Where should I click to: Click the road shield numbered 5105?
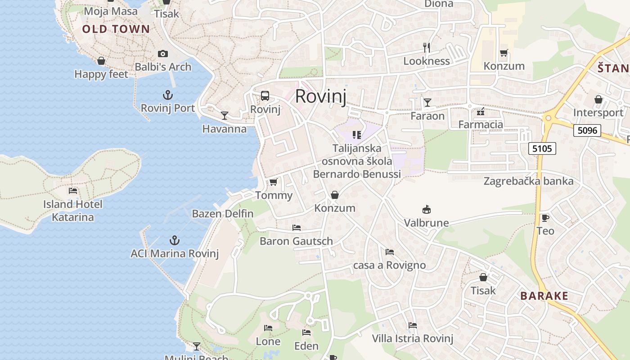[542, 148]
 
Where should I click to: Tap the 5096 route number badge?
[587, 130]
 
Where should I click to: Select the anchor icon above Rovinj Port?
[167, 95]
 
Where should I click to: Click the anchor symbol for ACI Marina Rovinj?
[174, 240]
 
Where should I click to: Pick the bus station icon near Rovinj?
[265, 96]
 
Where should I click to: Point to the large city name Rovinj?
[321, 96]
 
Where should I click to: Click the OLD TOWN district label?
[116, 29]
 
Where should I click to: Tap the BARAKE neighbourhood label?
[544, 296]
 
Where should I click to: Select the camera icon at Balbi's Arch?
[163, 54]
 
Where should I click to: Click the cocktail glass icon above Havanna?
[224, 116]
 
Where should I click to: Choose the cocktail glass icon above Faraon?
[427, 103]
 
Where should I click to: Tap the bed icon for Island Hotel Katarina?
[73, 191]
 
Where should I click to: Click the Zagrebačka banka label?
[528, 181]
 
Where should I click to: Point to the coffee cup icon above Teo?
[545, 218]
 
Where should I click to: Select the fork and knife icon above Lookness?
[427, 47]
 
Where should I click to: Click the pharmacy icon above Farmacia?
[481, 111]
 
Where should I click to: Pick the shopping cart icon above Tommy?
[273, 182]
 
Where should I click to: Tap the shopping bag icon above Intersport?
[598, 99]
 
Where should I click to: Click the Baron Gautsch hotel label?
[296, 241]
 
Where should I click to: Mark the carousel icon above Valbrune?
[426, 209]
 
